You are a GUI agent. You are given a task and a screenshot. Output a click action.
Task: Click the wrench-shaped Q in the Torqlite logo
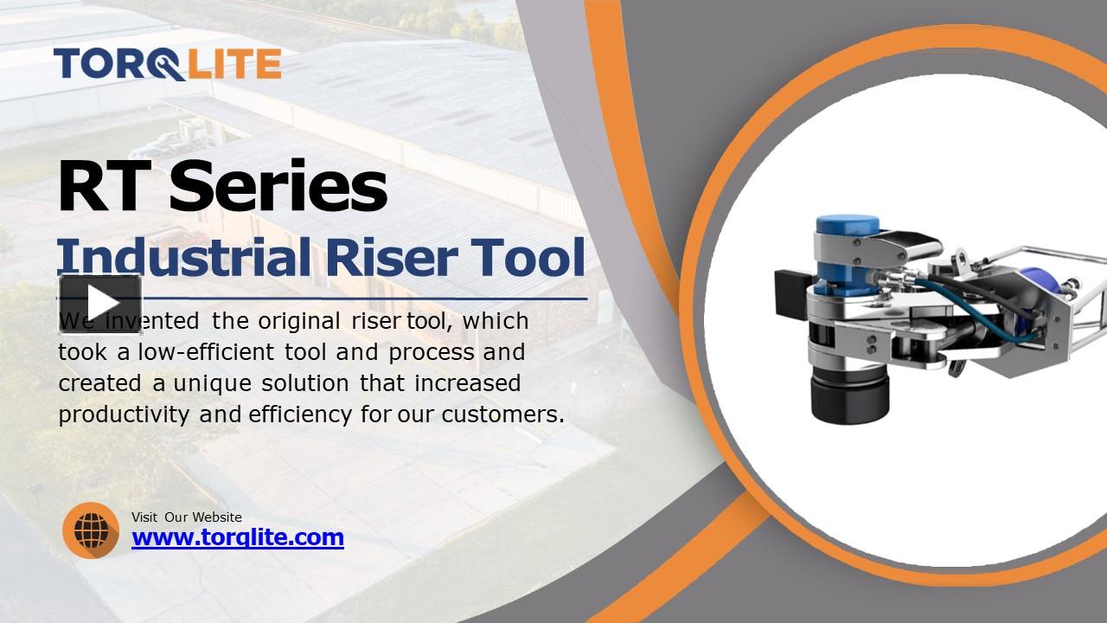[170, 65]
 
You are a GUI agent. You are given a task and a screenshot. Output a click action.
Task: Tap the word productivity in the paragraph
[124, 414]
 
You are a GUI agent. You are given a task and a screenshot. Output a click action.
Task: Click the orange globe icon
[91, 530]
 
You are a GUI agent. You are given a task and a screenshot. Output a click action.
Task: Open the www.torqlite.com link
[238, 537]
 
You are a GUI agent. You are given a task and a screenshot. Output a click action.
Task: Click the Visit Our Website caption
[187, 517]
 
